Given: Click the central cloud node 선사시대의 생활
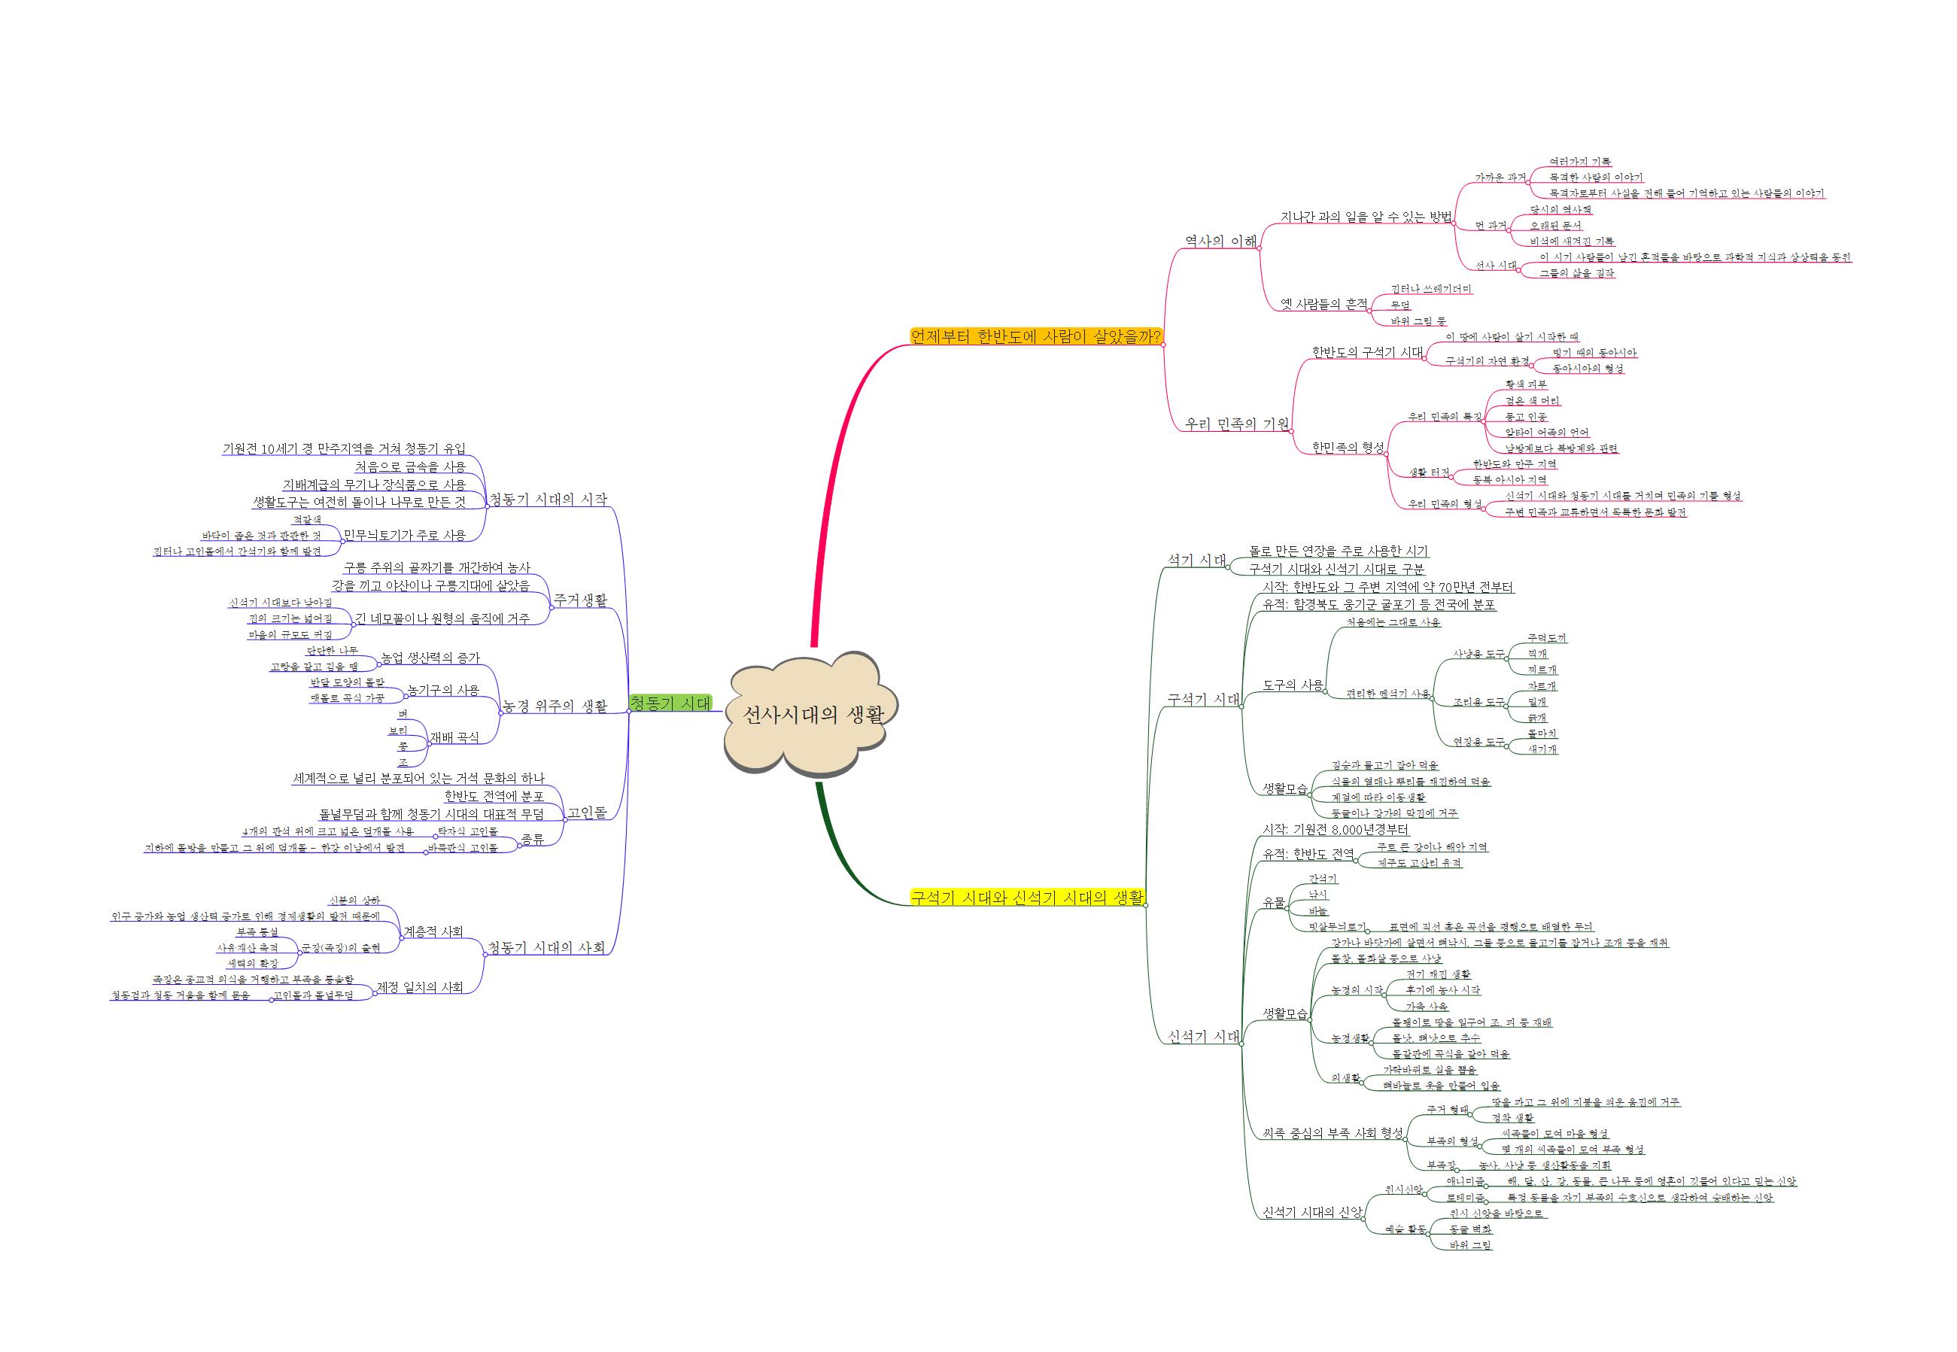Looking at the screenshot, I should [x=812, y=714].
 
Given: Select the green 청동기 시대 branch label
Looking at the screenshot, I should [x=670, y=703].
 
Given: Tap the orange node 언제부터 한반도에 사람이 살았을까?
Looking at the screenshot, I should [x=1035, y=336].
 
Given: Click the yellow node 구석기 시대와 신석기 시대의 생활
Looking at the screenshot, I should [x=1027, y=897].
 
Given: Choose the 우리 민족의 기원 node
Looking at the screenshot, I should [x=1236, y=424].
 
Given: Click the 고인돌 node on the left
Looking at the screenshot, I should [x=586, y=813].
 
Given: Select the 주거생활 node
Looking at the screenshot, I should [x=580, y=600].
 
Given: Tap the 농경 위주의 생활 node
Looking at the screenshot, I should [x=555, y=706].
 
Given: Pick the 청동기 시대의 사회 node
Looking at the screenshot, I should [x=547, y=947].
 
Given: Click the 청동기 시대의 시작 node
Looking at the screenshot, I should [x=549, y=499].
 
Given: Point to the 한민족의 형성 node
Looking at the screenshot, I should [x=1348, y=447].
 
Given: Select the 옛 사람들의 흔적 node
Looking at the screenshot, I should [x=1323, y=304].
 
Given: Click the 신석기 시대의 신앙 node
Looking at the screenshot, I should [x=1312, y=1212].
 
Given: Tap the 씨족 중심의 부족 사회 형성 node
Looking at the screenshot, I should [x=1333, y=1132].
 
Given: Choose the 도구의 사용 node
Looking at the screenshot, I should [x=1293, y=685].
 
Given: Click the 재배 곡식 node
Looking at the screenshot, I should [x=454, y=737].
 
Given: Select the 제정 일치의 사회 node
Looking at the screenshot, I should [x=420, y=987].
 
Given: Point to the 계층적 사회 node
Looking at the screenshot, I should [x=433, y=931].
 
